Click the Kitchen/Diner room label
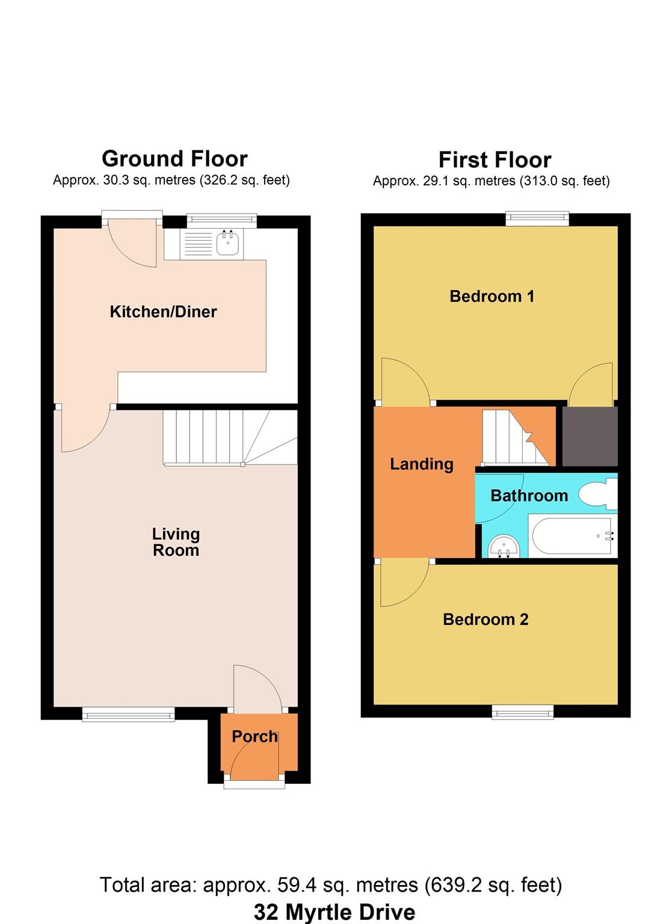click(163, 312)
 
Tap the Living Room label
click(176, 542)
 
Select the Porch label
click(254, 736)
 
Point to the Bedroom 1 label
click(492, 296)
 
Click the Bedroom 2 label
click(486, 620)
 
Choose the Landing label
click(421, 464)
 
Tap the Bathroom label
click(529, 496)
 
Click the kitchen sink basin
click(228, 244)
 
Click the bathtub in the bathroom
click(572, 536)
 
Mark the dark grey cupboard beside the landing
click(590, 436)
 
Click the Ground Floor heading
click(174, 159)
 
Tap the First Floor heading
click(495, 160)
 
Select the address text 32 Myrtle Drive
click(334, 912)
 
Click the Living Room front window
click(128, 714)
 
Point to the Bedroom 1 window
click(537, 218)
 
